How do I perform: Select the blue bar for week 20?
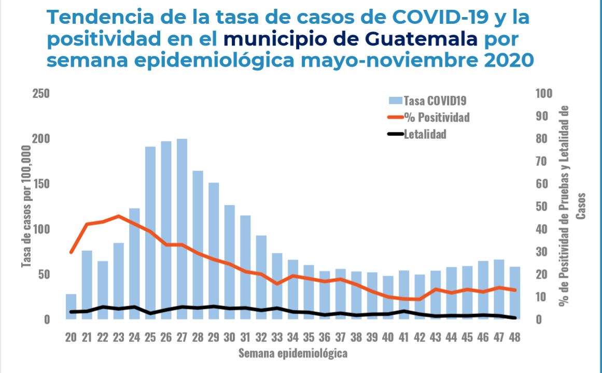(x=71, y=307)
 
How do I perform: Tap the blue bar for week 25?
(x=150, y=233)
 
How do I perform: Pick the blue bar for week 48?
(x=515, y=293)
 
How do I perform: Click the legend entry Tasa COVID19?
(x=430, y=101)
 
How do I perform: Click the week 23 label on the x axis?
(x=119, y=337)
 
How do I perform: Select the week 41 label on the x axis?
(x=404, y=337)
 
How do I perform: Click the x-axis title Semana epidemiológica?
(x=292, y=354)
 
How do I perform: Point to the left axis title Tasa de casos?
(x=26, y=207)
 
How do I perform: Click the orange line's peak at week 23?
(x=119, y=216)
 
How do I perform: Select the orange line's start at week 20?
(x=71, y=252)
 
